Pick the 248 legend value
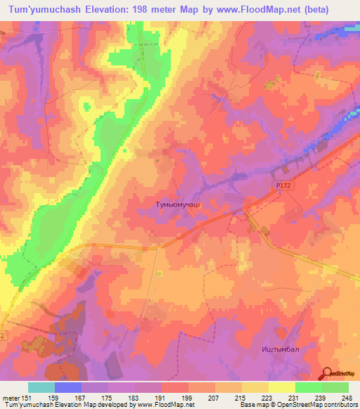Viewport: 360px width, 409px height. [347, 397]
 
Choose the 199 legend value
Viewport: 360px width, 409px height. [187, 397]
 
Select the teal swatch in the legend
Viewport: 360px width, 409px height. [41, 387]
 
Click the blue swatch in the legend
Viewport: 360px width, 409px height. [68, 387]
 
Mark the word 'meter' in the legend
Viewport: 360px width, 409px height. [9, 397]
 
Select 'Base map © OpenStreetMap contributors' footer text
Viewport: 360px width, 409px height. [298, 405]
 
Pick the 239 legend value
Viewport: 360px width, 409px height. [321, 397]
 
